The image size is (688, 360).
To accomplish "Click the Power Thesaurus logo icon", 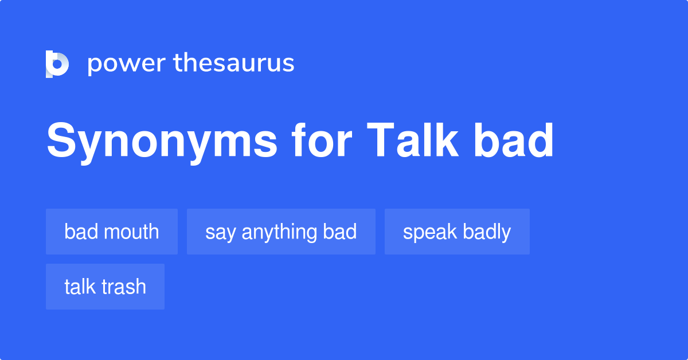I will (57, 64).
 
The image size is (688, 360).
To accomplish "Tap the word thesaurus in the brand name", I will (234, 64).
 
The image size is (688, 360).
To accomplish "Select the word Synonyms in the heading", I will (163, 141).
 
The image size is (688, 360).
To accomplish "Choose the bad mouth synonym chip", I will (112, 232).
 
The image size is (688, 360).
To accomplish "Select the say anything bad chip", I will (281, 232).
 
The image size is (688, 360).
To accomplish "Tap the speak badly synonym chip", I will (457, 232).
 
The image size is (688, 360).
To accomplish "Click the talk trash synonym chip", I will (105, 287).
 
